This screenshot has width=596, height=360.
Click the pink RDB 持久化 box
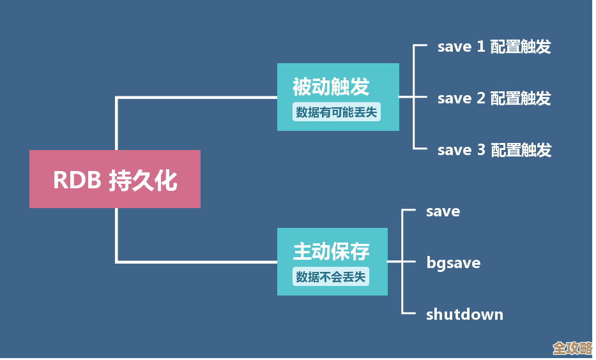[x=115, y=179]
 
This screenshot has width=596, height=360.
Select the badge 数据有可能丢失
[x=336, y=112]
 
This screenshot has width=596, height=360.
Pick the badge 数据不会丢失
[x=332, y=277]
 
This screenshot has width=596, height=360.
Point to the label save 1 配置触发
[x=494, y=47]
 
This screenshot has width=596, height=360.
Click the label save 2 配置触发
[x=494, y=98]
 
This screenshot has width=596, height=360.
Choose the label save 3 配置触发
[x=494, y=150]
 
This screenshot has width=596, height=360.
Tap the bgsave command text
[x=453, y=263]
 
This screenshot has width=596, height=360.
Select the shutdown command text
[x=464, y=314]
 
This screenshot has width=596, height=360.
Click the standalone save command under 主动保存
[x=443, y=211]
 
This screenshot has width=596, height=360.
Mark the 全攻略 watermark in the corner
[x=572, y=348]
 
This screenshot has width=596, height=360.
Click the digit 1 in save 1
[x=481, y=47]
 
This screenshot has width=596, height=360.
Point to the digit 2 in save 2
[x=481, y=98]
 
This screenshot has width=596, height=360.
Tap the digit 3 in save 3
[x=481, y=150]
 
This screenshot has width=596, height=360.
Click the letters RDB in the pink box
[x=77, y=180]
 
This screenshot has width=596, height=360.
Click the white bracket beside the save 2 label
[x=415, y=98]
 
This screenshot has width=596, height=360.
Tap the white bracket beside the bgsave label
[x=402, y=262]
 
